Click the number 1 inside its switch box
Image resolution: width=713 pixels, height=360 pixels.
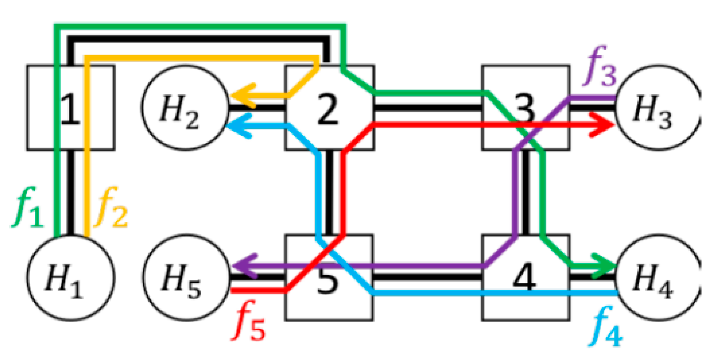tap(70, 109)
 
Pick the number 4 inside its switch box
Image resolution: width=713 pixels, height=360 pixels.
tap(525, 278)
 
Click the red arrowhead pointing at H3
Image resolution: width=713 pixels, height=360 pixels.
tap(603, 125)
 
